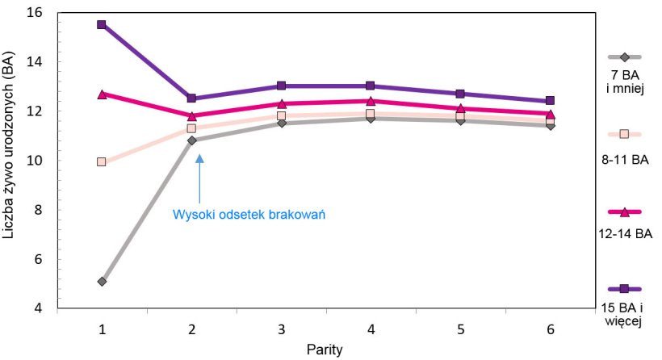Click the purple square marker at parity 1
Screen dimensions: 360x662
102,24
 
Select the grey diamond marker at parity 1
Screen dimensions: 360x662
102,282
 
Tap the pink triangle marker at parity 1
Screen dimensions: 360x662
102,94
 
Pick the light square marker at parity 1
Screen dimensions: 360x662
102,161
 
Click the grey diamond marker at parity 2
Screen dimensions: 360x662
191,140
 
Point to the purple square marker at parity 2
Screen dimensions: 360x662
191,98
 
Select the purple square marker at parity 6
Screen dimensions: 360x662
550,101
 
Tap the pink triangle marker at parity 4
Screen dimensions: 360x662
371,101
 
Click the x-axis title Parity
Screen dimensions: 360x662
325,350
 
